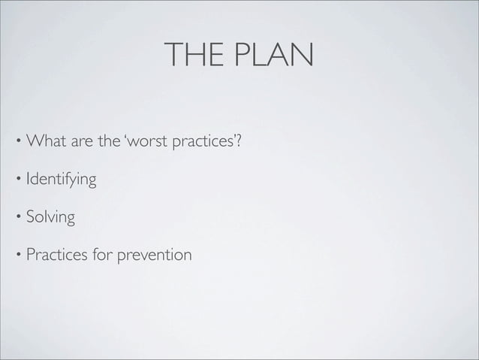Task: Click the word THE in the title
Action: point(191,56)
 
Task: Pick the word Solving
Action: point(50,219)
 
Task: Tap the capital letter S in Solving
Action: point(31,219)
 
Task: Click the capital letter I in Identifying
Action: point(29,180)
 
